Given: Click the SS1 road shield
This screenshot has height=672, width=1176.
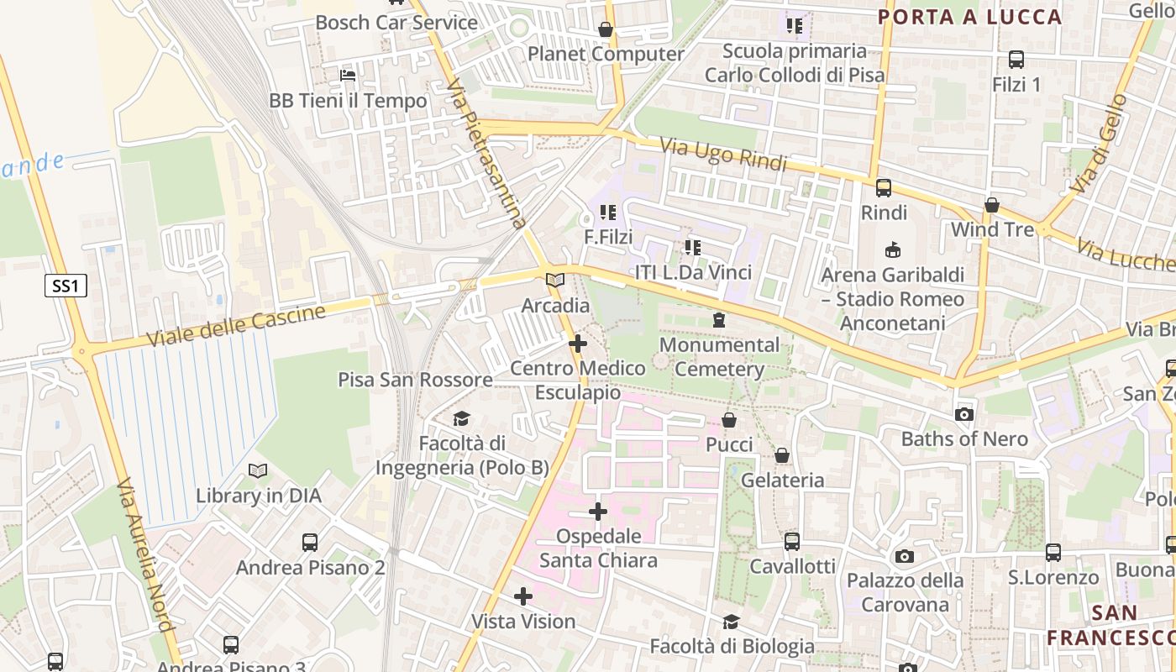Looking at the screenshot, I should pyautogui.click(x=66, y=286).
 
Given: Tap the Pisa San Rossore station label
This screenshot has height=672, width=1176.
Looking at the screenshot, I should pyautogui.click(x=415, y=380).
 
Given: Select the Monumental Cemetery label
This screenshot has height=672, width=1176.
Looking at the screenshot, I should pyautogui.click(x=719, y=357).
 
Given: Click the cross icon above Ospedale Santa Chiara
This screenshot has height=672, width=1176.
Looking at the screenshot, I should pyautogui.click(x=597, y=512).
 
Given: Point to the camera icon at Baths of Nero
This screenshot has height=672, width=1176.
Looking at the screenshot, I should pyautogui.click(x=964, y=414).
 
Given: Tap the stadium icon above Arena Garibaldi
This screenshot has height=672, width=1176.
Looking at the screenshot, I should pyautogui.click(x=892, y=250).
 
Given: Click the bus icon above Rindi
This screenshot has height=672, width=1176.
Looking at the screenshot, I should pyautogui.click(x=884, y=188).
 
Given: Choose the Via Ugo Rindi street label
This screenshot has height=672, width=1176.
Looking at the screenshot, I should pyautogui.click(x=723, y=155).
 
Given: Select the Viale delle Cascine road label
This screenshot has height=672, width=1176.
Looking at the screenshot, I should pyautogui.click(x=236, y=326).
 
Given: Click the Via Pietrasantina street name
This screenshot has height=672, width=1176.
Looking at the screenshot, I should pyautogui.click(x=487, y=155).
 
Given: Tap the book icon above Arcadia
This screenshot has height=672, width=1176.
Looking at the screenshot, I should pyautogui.click(x=554, y=281).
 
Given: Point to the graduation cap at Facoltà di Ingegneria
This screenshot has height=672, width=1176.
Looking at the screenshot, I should pyautogui.click(x=461, y=418).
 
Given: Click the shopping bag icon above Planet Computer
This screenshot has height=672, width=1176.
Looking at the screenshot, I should pyautogui.click(x=605, y=30).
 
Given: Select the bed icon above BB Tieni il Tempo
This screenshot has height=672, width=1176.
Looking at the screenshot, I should pyautogui.click(x=348, y=76).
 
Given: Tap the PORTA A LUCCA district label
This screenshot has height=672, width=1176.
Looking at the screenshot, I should pyautogui.click(x=970, y=17).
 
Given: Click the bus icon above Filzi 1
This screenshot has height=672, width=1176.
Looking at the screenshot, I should pyautogui.click(x=1016, y=60).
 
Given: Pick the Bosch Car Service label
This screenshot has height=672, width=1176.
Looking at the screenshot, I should pyautogui.click(x=396, y=23).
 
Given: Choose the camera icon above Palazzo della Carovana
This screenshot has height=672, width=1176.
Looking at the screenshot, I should pyautogui.click(x=904, y=556).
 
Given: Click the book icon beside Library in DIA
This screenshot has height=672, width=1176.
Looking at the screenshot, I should pyautogui.click(x=258, y=471).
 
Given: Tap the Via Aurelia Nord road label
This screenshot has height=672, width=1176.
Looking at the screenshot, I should pyautogui.click(x=145, y=555).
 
